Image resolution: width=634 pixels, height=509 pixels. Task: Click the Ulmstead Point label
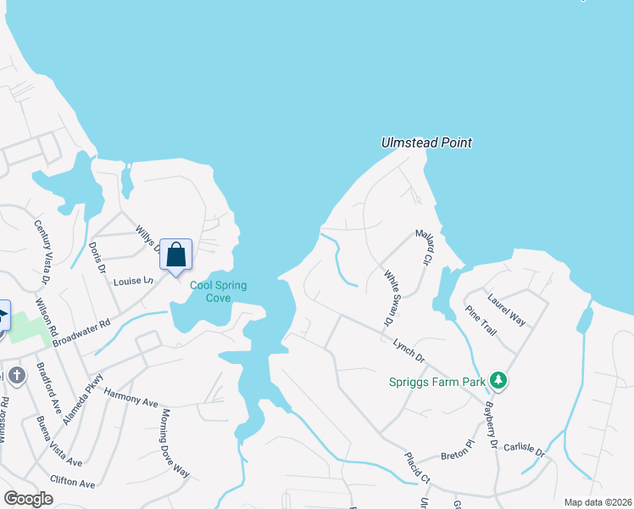pyautogui.click(x=425, y=143)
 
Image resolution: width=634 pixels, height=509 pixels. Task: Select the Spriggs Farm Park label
pyautogui.click(x=437, y=382)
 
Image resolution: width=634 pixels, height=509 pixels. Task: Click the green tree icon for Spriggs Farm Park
pyautogui.click(x=500, y=381)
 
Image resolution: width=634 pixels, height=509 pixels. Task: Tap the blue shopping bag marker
pyautogui.click(x=175, y=255)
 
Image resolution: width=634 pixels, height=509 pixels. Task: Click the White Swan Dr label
pyautogui.click(x=390, y=298)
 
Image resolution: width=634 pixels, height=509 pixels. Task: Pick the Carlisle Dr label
pyautogui.click(x=523, y=448)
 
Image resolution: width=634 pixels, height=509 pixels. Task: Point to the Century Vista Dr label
pyautogui.click(x=42, y=251)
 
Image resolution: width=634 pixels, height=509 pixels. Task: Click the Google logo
pyautogui.click(x=28, y=498)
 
